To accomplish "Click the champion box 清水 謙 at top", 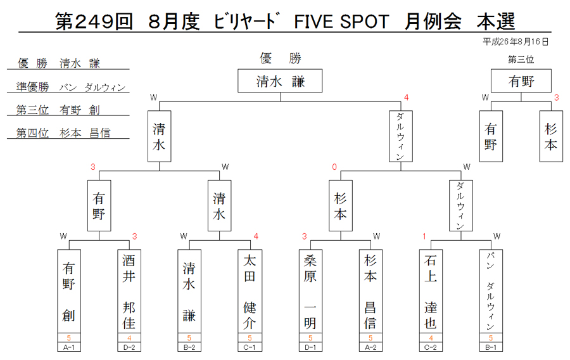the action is [x=280, y=80].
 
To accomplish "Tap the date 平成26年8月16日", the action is [x=515, y=42].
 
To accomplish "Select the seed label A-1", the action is [x=68, y=347].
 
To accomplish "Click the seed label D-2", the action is [x=129, y=347].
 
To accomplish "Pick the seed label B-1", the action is [x=491, y=347].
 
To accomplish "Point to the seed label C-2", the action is [x=431, y=347].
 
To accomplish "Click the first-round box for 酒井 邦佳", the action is [x=129, y=292].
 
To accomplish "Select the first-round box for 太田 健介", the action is [x=250, y=292].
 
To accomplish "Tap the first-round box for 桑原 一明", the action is [x=310, y=292].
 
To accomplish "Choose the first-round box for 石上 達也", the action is [x=431, y=292].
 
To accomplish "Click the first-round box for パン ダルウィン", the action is [x=491, y=292].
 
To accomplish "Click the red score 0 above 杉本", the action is [x=334, y=167].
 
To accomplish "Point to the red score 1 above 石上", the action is [x=424, y=236].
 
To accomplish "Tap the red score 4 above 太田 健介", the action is [x=256, y=236].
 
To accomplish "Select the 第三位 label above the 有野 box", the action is [x=521, y=60].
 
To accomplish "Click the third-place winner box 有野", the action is [x=521, y=80].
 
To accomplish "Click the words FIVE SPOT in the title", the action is [x=341, y=22].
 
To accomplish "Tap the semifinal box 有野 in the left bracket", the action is [x=99, y=205].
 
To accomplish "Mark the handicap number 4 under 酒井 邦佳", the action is [x=129, y=338].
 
